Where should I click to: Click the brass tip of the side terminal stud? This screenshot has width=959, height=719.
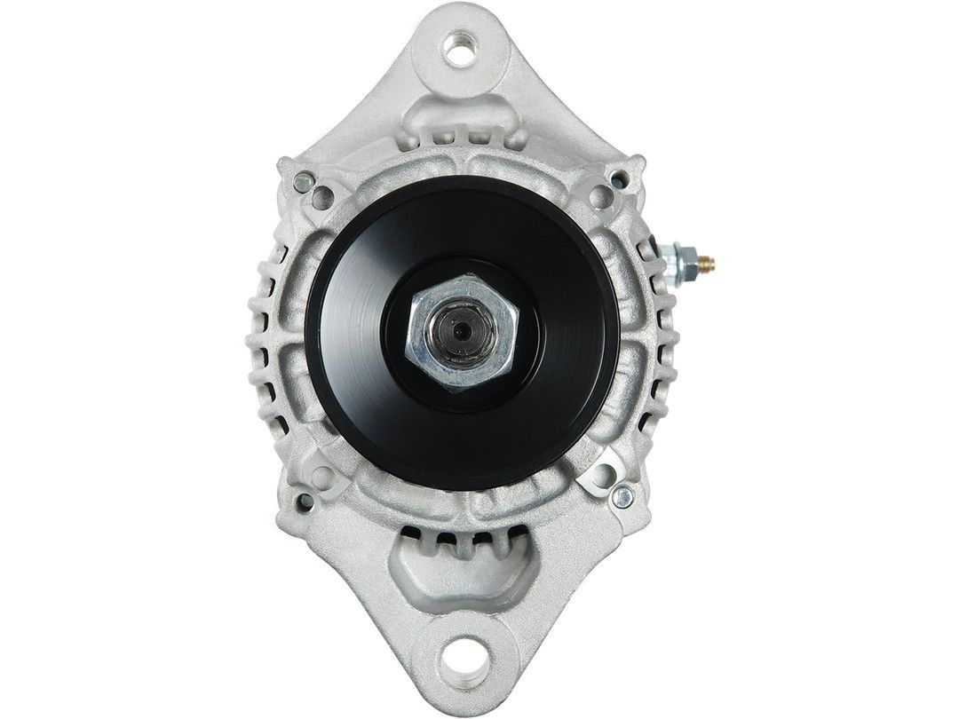[709, 261]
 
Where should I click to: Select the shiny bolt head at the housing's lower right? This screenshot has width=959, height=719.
[623, 498]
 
